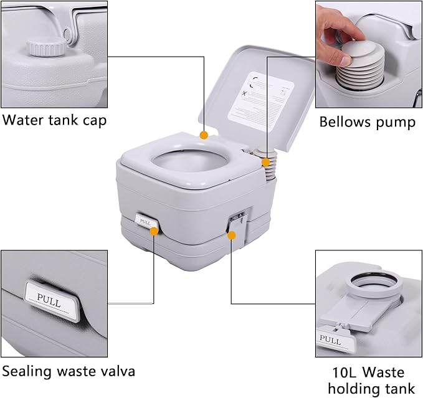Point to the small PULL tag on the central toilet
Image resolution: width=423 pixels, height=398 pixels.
146,220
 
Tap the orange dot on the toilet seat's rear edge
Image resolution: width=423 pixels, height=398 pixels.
203,135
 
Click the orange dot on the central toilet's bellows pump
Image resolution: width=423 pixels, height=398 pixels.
267,162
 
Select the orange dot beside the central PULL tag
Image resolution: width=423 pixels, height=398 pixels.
153,230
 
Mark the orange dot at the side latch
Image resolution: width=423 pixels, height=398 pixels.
232,235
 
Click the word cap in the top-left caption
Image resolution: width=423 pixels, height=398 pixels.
93,121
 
